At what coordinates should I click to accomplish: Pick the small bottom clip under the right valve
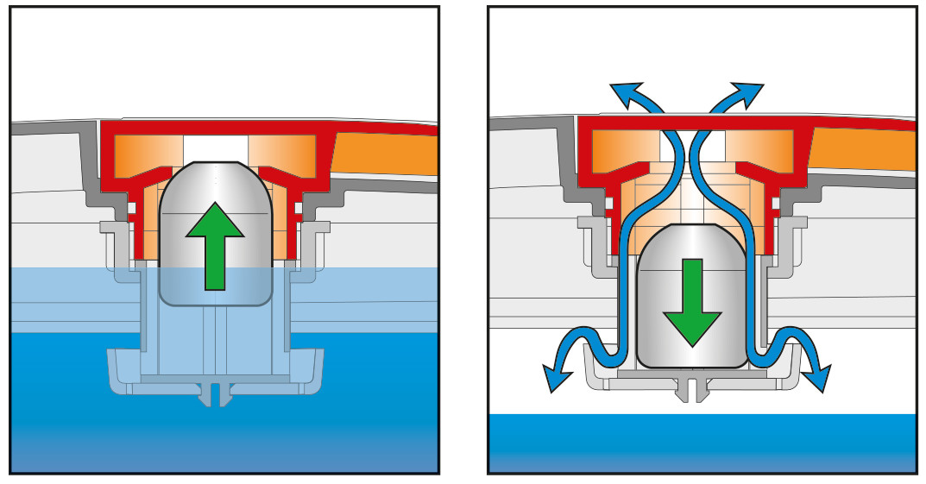click(692, 389)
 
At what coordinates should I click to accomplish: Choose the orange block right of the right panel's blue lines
click(759, 147)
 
